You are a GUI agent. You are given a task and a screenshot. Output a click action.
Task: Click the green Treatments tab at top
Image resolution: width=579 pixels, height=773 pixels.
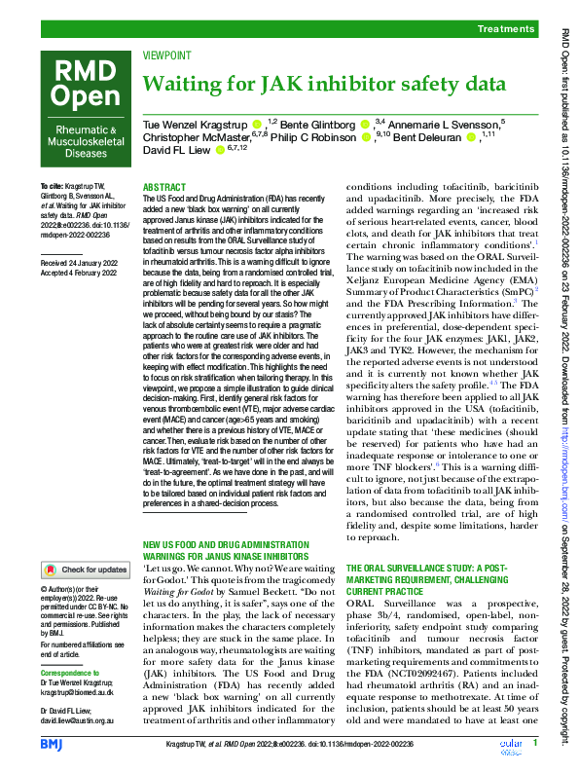[505, 31]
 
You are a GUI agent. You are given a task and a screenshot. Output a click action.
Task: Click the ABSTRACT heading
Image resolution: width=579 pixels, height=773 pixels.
[163, 186]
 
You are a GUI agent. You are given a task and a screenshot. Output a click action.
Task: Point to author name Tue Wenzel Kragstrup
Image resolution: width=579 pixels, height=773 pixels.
[195, 125]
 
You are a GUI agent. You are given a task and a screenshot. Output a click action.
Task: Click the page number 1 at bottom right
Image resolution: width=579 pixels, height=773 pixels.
[534, 744]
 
